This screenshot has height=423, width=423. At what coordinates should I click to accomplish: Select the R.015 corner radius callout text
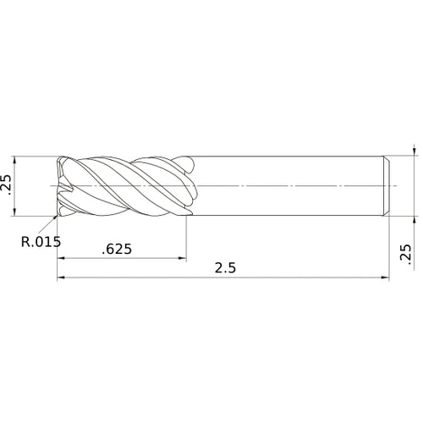40,240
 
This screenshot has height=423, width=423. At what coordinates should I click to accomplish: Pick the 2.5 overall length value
224,267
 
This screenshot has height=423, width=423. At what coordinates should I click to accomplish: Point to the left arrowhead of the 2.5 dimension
61,277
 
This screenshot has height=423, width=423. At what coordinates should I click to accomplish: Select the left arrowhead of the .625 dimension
61,258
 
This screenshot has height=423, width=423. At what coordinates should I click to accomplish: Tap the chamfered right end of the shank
387,184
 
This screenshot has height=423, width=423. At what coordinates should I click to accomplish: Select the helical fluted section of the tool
127,184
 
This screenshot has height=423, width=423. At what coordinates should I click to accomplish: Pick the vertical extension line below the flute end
186,241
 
